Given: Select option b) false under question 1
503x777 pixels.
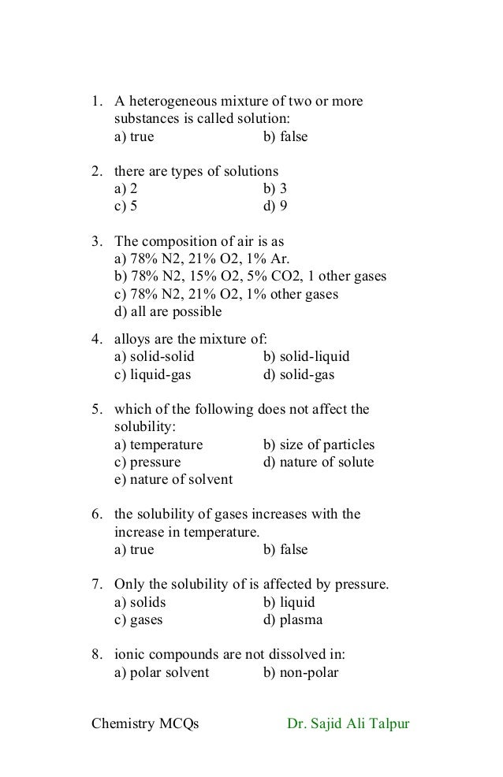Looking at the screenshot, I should tap(285, 137).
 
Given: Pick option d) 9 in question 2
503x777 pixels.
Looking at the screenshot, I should tap(275, 206).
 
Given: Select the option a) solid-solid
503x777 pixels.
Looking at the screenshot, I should tap(154, 357).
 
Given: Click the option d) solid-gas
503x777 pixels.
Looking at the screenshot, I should tap(298, 375).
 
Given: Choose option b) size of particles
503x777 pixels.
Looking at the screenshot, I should tap(319, 444).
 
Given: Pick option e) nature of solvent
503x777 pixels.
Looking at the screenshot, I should tap(173, 479).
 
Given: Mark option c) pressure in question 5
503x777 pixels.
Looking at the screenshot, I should tap(147, 462).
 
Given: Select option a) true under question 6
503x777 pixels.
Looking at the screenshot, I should tap(134, 549).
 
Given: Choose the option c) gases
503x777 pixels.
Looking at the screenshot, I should tap(139, 619).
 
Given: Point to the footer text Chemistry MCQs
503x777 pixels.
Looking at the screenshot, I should tap(145, 723).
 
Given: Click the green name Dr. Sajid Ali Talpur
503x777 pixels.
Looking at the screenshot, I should tap(348, 723).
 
